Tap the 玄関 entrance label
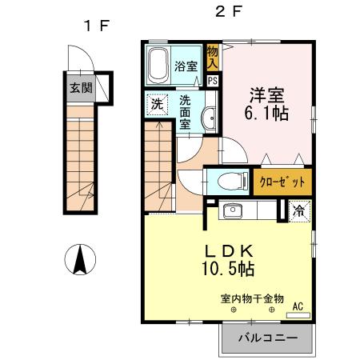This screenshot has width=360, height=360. [x=79, y=88]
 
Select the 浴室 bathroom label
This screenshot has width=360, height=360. [x=186, y=67]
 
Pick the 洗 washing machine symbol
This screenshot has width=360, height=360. [x=158, y=103]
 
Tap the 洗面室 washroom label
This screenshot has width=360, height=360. [x=185, y=112]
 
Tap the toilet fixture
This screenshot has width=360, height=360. [x=231, y=180]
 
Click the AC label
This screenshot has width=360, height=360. [x=298, y=306]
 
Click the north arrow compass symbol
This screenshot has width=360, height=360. [x=79, y=260]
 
